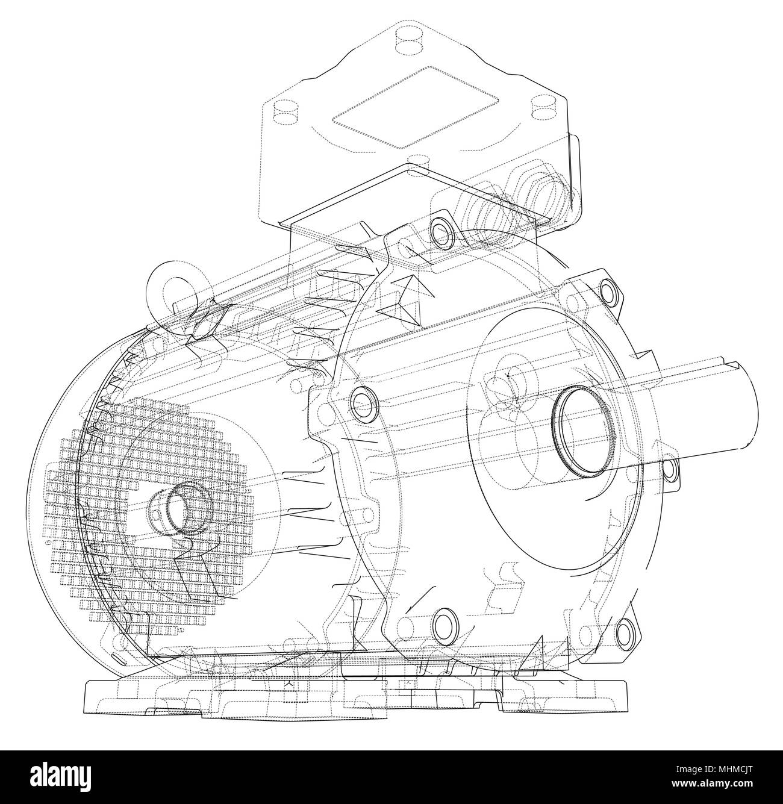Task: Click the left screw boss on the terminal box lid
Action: pyautogui.click(x=281, y=113)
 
